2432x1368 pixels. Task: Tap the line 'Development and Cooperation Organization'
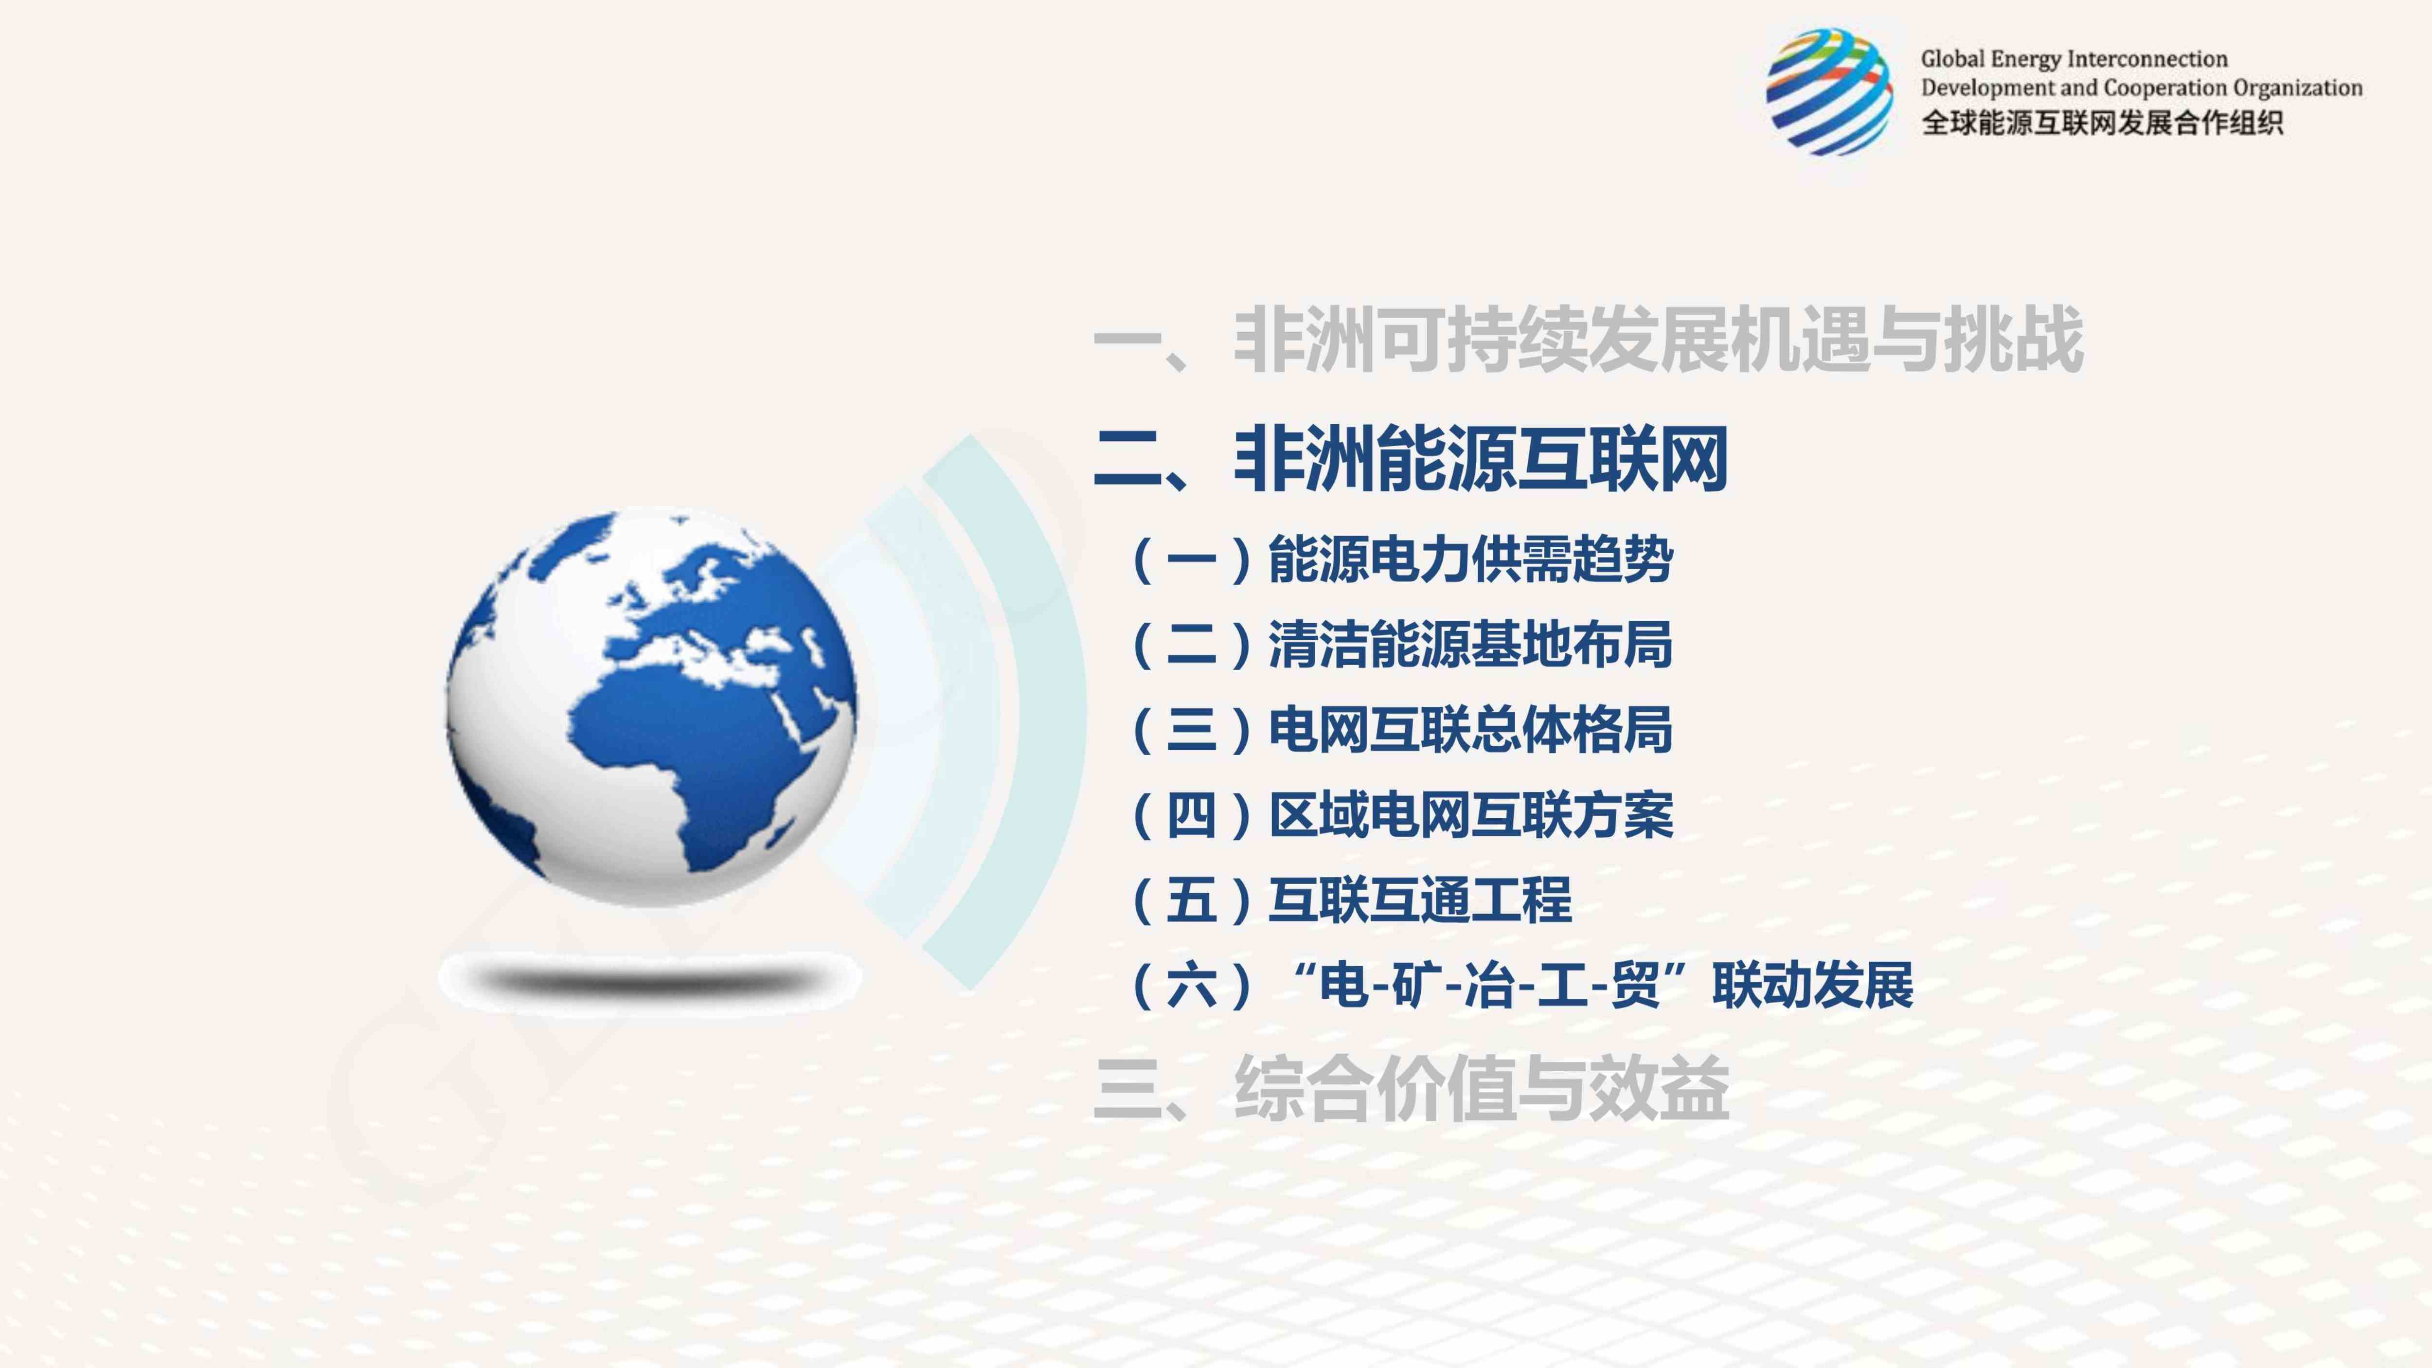coord(2141,88)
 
